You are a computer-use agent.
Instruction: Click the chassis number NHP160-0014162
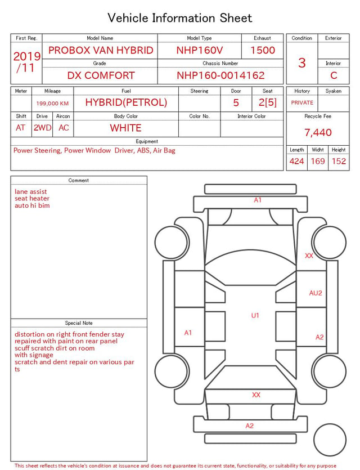220,75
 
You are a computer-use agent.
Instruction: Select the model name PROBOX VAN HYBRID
101,50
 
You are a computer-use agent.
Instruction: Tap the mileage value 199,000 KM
52,104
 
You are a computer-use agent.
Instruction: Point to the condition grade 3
302,63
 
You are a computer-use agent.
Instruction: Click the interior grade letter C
334,75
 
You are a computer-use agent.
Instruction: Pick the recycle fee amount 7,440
318,132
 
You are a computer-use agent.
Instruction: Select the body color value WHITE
125,128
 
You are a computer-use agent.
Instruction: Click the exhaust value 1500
263,50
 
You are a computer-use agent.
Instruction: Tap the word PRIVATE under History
302,102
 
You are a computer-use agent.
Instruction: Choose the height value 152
339,161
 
